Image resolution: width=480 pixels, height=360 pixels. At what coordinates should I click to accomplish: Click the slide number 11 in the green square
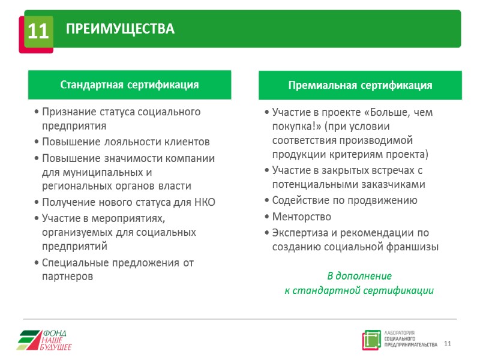(x=38, y=32)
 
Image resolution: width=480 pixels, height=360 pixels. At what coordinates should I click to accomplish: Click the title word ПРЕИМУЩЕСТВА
(x=120, y=29)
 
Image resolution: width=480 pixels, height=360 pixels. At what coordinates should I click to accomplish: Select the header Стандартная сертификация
(x=129, y=85)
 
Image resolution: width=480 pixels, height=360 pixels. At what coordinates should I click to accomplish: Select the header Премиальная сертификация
(x=360, y=85)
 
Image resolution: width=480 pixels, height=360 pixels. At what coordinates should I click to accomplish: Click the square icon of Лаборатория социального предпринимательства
(x=371, y=340)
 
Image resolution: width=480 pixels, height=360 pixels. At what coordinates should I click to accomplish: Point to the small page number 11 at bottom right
(x=447, y=343)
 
